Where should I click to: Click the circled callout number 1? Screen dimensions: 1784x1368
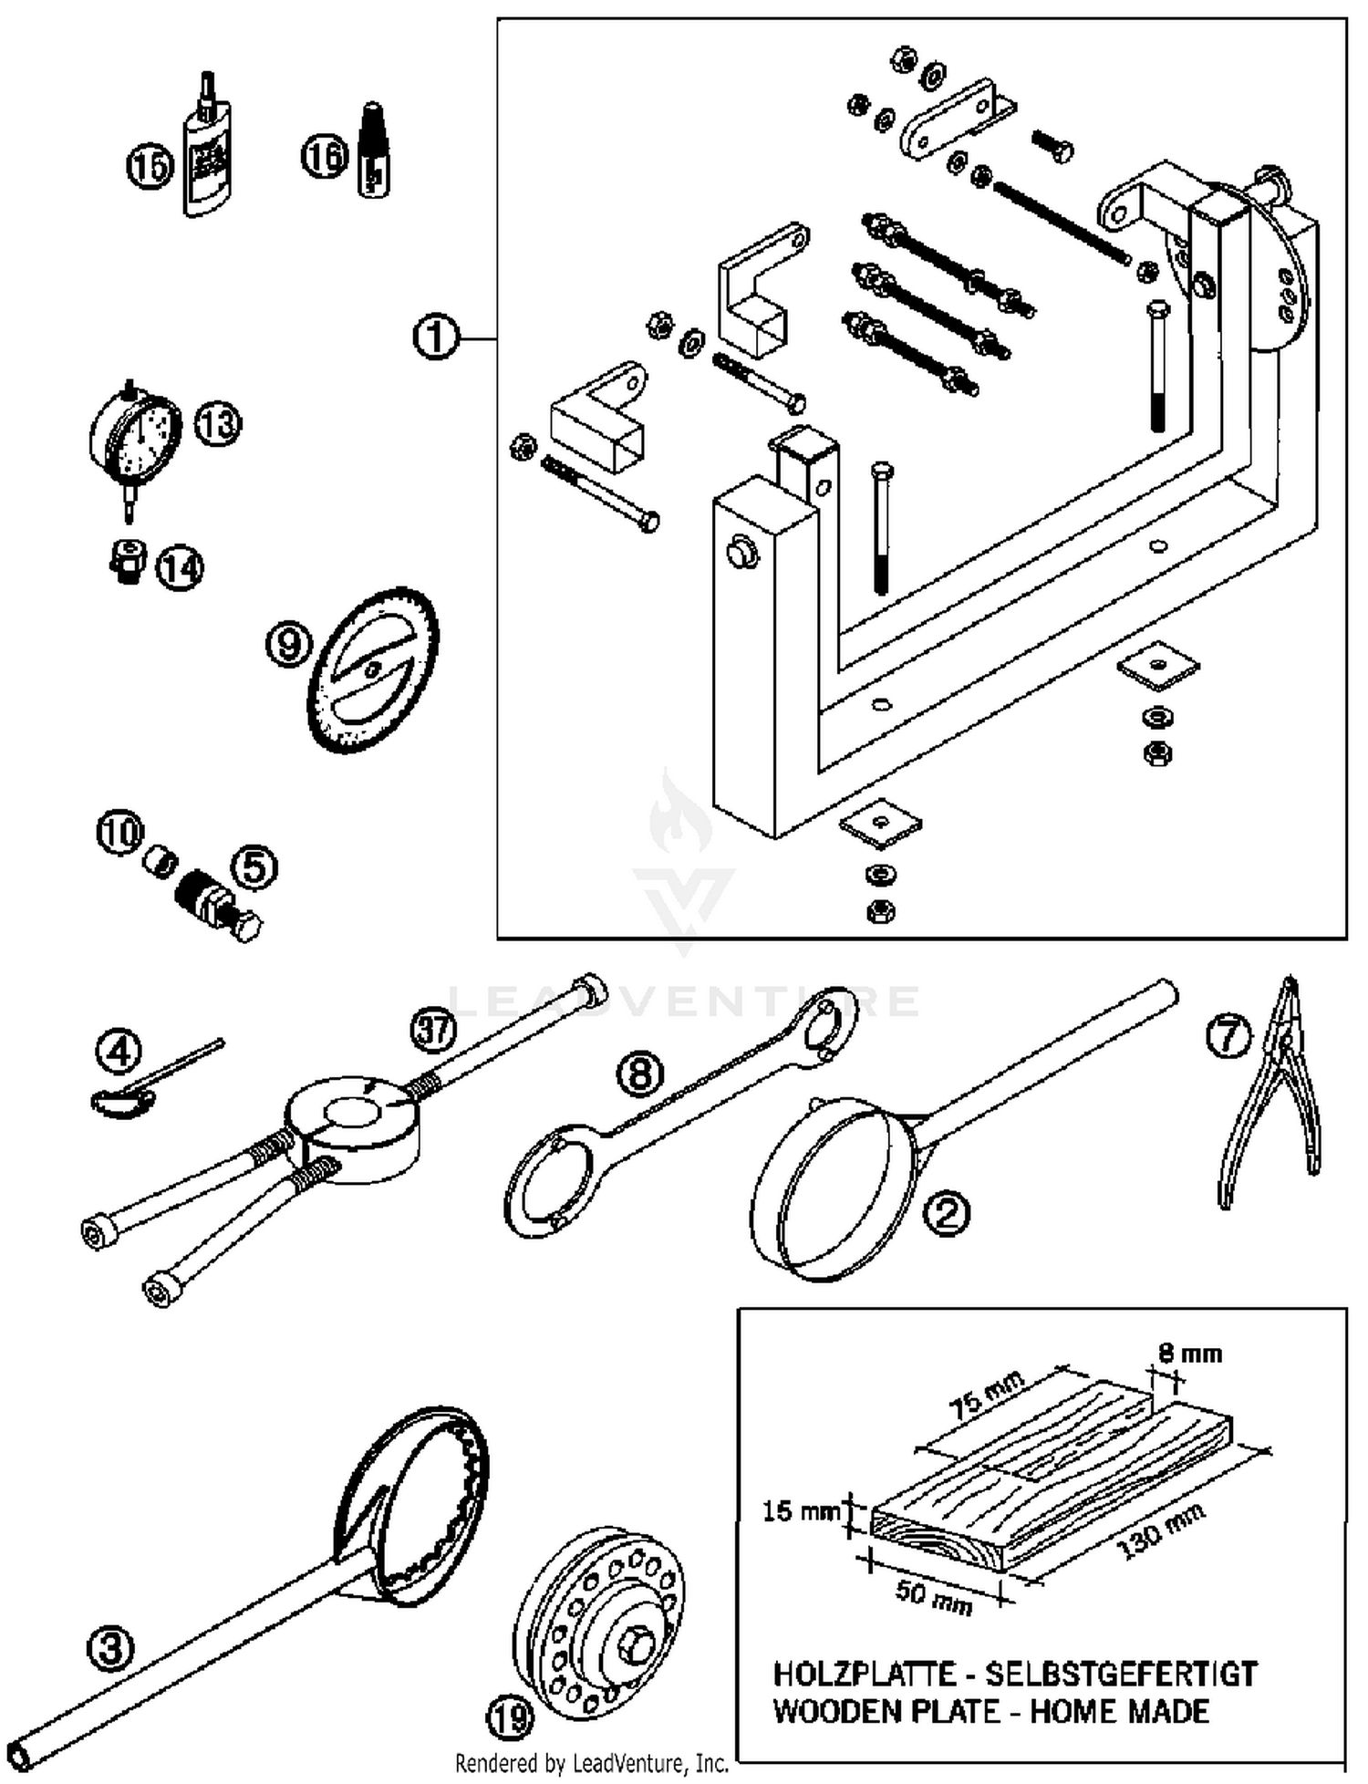[x=436, y=337]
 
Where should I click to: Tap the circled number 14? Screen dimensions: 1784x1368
[x=180, y=568]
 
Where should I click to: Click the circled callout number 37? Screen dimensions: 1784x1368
[x=433, y=1031]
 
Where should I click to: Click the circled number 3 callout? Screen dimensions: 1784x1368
[x=110, y=1649]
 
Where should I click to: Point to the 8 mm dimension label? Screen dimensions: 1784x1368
[x=1190, y=1353]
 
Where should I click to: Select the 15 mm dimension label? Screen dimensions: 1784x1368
[x=800, y=1511]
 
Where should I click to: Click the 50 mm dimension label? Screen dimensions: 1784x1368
[x=933, y=1596]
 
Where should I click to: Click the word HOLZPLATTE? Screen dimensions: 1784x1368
[x=864, y=1675]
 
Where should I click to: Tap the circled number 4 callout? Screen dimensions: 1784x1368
[x=119, y=1051]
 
